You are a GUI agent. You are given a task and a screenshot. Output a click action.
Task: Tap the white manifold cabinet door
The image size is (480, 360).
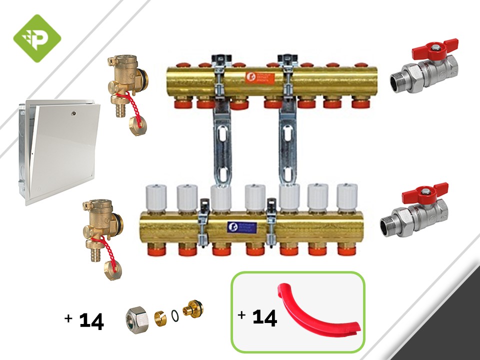pos(62,152)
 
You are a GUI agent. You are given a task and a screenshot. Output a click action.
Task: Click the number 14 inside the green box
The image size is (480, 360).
pos(264,318)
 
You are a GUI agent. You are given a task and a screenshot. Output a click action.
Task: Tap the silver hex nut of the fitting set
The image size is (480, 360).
pos(136,316)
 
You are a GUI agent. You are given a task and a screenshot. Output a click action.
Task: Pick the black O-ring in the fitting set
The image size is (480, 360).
pos(174,316)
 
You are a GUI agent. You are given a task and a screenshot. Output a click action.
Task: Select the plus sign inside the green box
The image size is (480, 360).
pos(242,315)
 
